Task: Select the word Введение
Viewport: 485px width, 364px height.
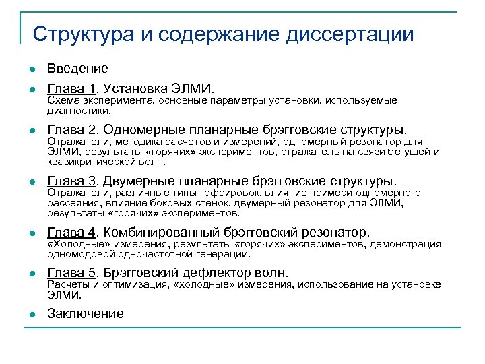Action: pyautogui.click(x=77, y=69)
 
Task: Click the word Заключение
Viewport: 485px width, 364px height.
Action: pyautogui.click(x=86, y=313)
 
